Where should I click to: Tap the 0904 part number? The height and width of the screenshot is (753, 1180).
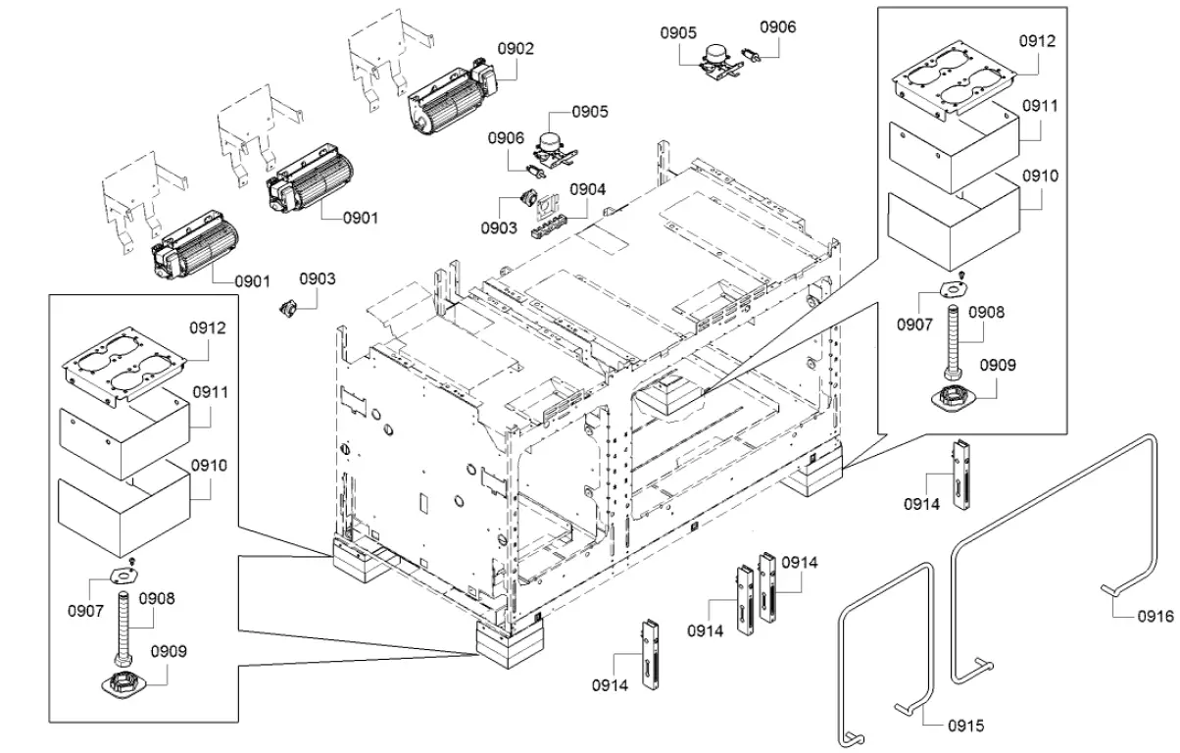coord(588,189)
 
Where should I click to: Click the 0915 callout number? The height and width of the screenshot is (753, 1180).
coord(965,726)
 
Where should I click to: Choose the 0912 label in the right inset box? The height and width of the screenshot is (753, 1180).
coord(1037,41)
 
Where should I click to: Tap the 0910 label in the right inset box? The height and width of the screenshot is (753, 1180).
coord(1038,176)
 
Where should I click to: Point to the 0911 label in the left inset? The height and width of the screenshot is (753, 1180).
coord(210,391)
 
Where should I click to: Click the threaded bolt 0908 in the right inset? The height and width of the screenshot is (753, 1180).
coord(952,343)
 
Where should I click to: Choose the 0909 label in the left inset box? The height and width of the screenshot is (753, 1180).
coord(169,650)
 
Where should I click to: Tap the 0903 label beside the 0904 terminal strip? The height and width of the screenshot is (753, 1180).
coord(500,228)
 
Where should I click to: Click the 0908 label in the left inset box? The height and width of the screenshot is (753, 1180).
coord(157,597)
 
